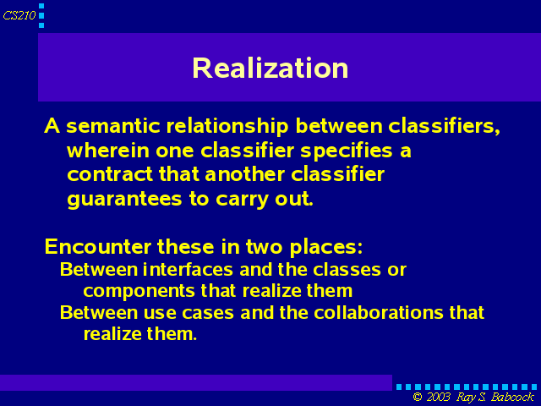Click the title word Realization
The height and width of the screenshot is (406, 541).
[x=270, y=68]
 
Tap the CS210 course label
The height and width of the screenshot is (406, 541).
[x=19, y=15]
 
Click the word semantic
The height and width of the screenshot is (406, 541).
[x=113, y=126]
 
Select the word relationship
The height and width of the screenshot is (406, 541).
[x=227, y=126]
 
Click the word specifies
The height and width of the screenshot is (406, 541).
[x=347, y=151]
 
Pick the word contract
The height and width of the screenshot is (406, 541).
[x=110, y=175]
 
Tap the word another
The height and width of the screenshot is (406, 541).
[x=244, y=174]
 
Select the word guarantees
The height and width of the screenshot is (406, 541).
[x=124, y=200]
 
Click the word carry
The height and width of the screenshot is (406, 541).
[x=242, y=200]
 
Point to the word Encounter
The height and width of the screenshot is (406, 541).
[x=98, y=247]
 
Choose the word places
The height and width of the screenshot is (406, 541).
[x=326, y=248]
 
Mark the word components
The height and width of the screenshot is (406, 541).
[x=139, y=292]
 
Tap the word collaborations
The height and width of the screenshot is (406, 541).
[x=378, y=312]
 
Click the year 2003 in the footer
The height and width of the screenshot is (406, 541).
[x=439, y=397]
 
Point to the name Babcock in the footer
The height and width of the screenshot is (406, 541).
[x=512, y=397]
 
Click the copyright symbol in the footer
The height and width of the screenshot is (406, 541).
[x=418, y=397]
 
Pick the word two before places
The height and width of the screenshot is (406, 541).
[x=264, y=247]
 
